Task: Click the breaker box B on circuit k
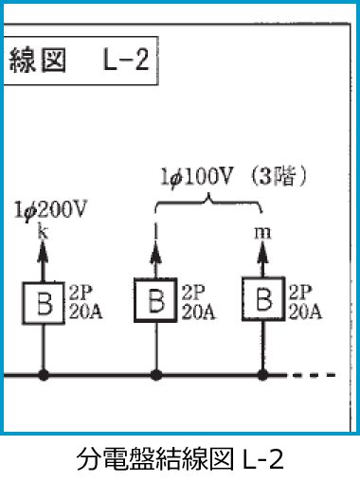pos(43,302)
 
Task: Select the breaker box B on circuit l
pos(154,300)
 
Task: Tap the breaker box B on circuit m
pos(264,300)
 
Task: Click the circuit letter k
pos(42,230)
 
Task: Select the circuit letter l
pos(154,230)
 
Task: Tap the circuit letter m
pos(263,231)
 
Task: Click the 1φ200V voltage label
pos(51,210)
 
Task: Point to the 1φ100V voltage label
pos(200,176)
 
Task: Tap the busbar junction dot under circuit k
pos(43,375)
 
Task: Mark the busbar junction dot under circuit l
pos(154,375)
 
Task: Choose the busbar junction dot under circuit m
pos(264,375)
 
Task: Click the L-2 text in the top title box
pos(125,62)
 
